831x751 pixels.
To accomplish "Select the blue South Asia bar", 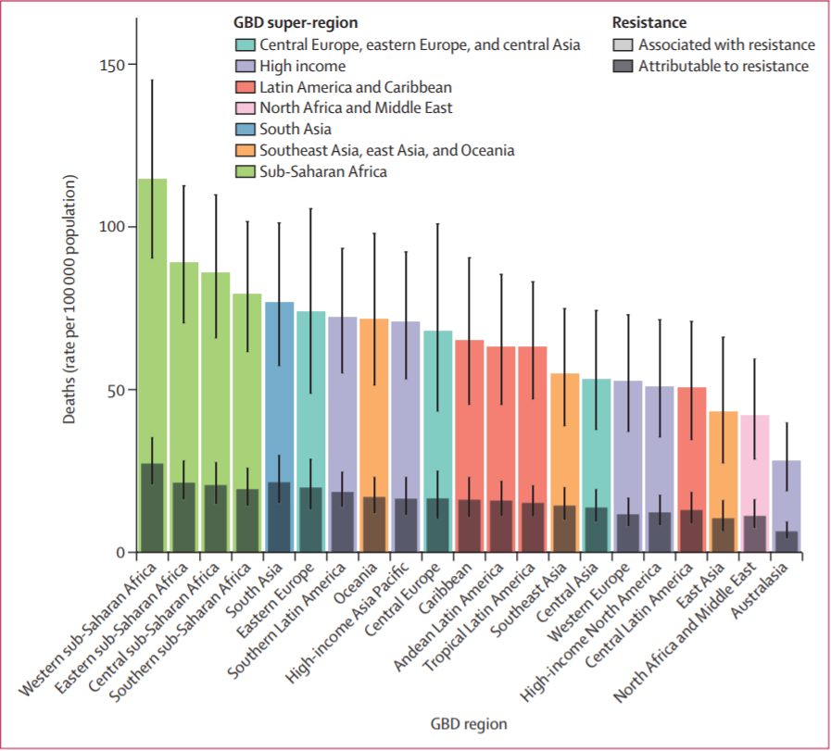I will (279, 389).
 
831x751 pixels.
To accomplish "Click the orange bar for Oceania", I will (374, 407).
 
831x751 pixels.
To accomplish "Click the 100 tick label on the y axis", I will (112, 227).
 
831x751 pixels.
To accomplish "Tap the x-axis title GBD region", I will (468, 723).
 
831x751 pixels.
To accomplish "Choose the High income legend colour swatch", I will (246, 67).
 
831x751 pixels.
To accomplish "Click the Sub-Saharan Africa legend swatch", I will (246, 172).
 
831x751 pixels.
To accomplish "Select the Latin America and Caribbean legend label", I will (356, 88).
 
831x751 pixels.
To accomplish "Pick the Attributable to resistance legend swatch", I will (623, 67).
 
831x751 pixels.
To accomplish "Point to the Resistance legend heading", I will (648, 21).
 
